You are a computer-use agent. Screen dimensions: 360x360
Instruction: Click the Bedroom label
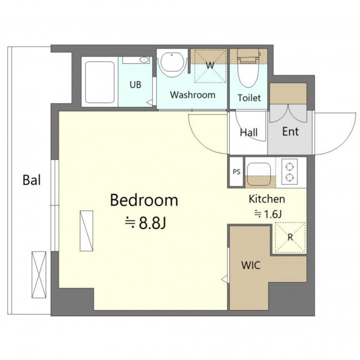point(144,200)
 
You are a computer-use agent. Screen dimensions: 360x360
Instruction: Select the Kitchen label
point(267,199)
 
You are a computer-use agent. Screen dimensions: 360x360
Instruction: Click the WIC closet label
point(251,265)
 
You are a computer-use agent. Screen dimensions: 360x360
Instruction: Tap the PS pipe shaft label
point(236,172)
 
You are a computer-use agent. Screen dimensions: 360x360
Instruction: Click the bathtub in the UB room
point(100,82)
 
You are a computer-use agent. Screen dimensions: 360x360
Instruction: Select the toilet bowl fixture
point(249,69)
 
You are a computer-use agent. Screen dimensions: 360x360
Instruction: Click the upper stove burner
point(290,166)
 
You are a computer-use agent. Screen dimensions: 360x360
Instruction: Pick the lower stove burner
point(290,177)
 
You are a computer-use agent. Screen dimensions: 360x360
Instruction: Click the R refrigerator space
point(290,238)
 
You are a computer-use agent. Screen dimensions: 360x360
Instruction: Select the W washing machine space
point(210,66)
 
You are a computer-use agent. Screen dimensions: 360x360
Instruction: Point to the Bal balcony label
point(32,180)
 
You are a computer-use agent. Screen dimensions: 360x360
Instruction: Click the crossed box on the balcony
point(39,275)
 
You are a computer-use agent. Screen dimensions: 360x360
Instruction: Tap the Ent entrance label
point(290,132)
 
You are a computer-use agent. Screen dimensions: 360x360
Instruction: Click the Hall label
point(249,132)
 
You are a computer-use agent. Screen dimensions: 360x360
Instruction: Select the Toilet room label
point(249,98)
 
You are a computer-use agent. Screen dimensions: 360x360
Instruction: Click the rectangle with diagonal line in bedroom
point(86,231)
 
